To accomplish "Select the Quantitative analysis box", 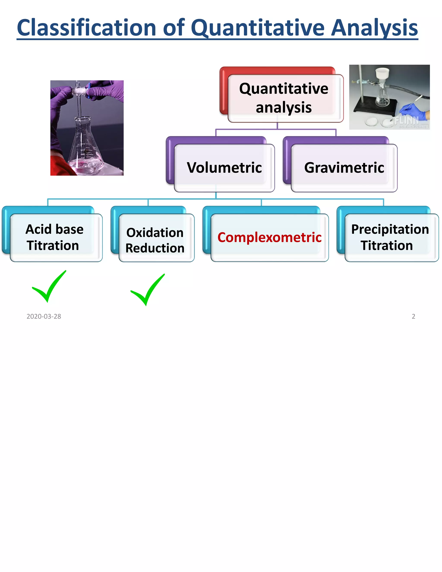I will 284,98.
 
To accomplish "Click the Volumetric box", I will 224,168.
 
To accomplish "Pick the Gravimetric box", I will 344,168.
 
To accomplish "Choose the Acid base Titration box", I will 54,237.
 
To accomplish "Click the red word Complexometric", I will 269,237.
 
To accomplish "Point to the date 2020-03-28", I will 44,316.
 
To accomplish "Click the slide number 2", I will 414,316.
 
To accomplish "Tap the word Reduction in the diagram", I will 155,248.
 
